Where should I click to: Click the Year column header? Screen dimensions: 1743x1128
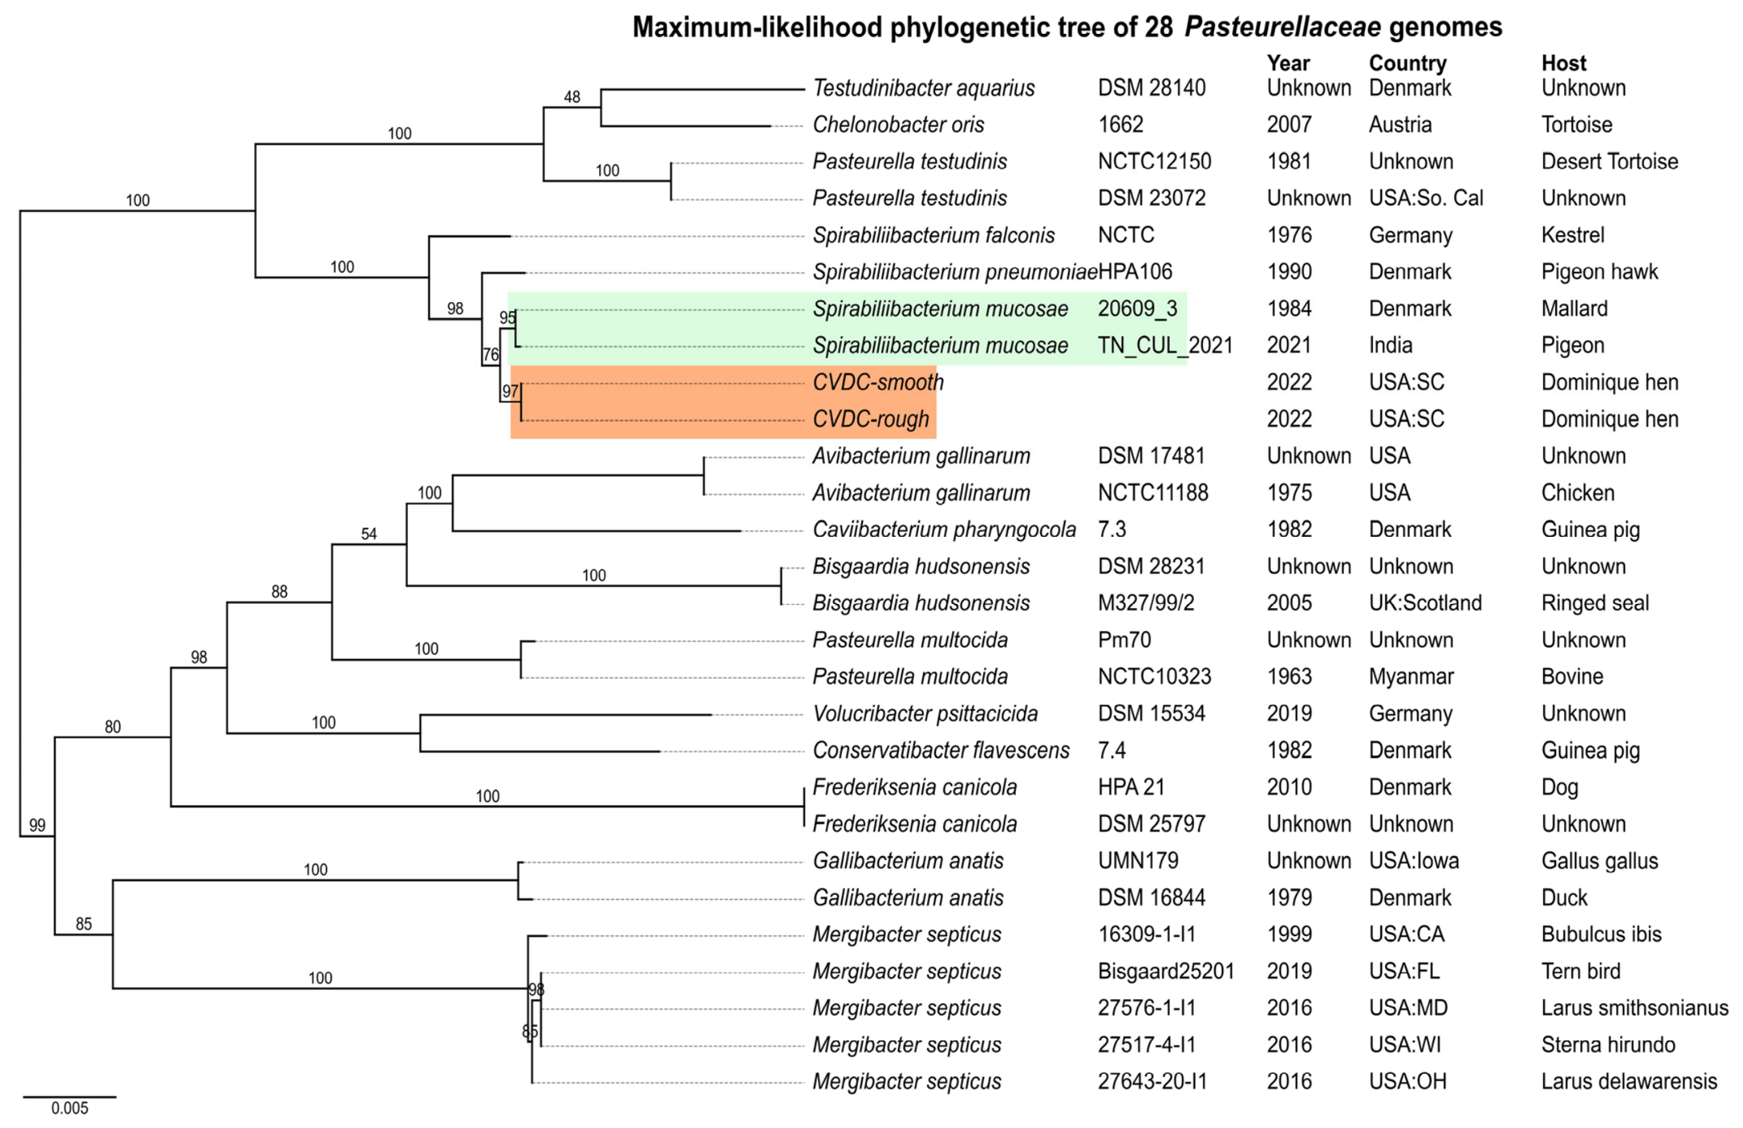click(1288, 63)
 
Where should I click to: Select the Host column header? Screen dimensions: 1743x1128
click(1563, 63)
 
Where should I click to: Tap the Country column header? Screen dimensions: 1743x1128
click(1408, 63)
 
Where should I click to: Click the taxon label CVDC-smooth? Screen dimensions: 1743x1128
click(878, 382)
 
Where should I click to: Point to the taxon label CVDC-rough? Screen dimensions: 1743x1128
click(871, 419)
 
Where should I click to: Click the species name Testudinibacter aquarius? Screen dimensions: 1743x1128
click(924, 88)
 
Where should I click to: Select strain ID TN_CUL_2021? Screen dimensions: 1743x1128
click(1165, 346)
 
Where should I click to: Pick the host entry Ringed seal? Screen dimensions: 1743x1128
click(1595, 603)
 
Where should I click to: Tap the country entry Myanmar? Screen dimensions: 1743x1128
click(1411, 677)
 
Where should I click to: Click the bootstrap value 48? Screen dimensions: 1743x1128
click(572, 97)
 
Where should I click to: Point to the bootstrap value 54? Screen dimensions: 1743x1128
click(369, 534)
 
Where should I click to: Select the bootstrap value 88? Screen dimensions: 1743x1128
click(279, 592)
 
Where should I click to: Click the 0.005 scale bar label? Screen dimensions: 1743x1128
click(70, 1109)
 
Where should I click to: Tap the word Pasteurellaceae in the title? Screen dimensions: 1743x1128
click(1282, 28)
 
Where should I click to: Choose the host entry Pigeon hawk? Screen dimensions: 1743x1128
click(1600, 272)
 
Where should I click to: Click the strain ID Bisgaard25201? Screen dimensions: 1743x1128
click(1166, 972)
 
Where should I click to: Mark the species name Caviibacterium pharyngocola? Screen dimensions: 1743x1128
click(945, 530)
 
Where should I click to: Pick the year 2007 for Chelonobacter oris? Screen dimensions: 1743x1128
click(1289, 125)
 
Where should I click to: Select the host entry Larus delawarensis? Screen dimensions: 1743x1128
click(1629, 1082)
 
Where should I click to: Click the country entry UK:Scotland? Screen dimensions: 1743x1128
click(1425, 603)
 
